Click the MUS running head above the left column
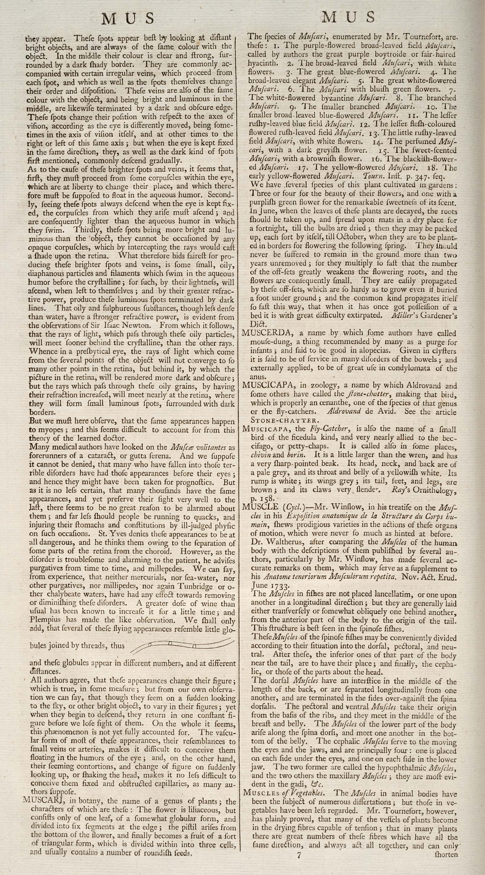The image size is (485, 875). click(x=129, y=18)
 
